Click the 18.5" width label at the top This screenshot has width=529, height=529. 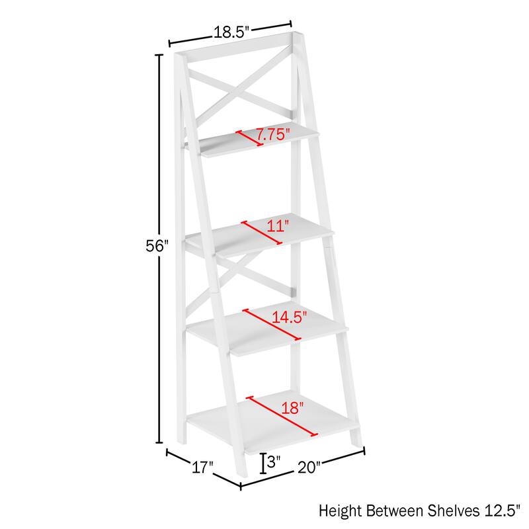tap(229, 31)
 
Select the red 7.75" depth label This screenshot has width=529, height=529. tap(274, 135)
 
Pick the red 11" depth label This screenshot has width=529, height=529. tap(278, 226)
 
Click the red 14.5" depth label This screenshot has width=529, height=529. tap(291, 317)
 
